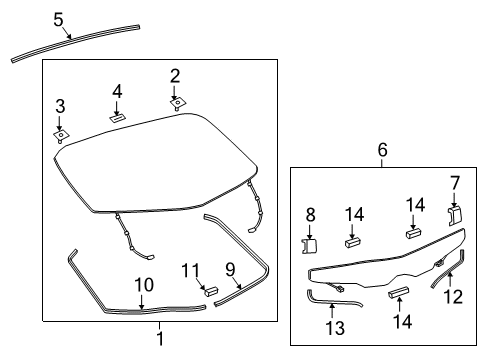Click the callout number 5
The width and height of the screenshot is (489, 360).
[x=58, y=19]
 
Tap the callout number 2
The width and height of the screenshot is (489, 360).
[x=175, y=75]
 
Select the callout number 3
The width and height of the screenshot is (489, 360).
[x=60, y=106]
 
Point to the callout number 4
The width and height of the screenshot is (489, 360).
[x=117, y=92]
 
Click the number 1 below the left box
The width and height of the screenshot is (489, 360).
[x=158, y=339]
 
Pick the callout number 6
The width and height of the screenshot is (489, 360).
[x=381, y=150]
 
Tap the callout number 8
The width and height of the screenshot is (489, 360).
[x=309, y=213]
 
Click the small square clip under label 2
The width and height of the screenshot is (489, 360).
[x=177, y=102]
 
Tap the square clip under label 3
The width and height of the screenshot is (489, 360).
[x=61, y=132]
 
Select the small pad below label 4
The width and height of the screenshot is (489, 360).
[x=116, y=117]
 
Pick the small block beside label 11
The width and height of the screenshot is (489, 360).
[x=211, y=292]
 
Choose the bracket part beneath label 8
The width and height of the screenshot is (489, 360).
[x=309, y=244]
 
